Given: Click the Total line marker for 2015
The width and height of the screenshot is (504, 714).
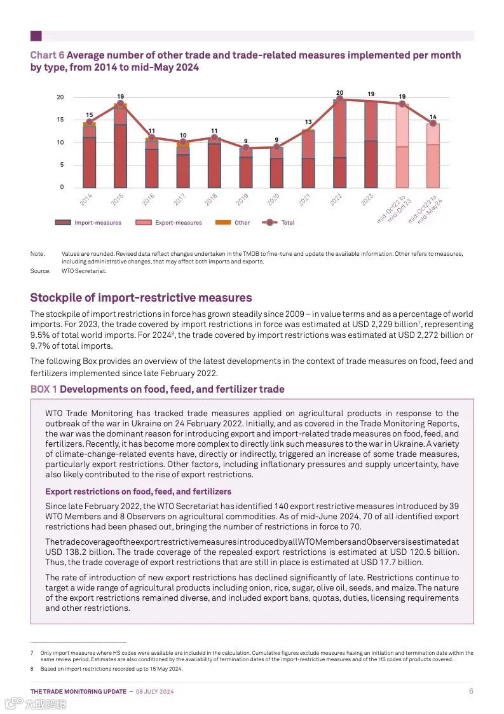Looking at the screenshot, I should click(x=120, y=104).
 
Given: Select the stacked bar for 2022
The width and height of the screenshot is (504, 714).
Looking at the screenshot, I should click(x=339, y=143).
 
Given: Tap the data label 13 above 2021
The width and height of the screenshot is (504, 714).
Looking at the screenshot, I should click(x=308, y=122).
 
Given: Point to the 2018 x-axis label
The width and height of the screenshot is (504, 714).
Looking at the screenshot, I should click(x=211, y=199).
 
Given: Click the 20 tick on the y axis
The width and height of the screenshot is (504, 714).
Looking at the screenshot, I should click(x=60, y=97).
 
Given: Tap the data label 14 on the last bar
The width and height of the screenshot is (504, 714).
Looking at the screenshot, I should click(x=433, y=117).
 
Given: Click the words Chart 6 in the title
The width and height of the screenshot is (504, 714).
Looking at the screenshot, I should click(x=47, y=55).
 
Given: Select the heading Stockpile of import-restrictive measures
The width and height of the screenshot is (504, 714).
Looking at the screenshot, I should click(x=141, y=298).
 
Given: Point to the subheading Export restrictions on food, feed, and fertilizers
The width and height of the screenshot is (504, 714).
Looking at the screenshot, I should click(x=138, y=491).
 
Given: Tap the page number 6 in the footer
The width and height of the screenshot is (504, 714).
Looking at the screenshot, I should click(x=471, y=691).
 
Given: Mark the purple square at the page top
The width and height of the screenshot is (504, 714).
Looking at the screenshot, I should click(x=36, y=36).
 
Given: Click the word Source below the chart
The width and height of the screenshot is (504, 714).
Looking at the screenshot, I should click(x=40, y=271).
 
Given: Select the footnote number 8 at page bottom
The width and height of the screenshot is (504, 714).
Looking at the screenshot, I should click(x=32, y=669).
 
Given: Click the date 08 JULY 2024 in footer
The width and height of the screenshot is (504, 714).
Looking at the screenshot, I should click(x=156, y=692).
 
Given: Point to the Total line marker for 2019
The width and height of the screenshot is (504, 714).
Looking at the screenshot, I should click(x=246, y=148).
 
